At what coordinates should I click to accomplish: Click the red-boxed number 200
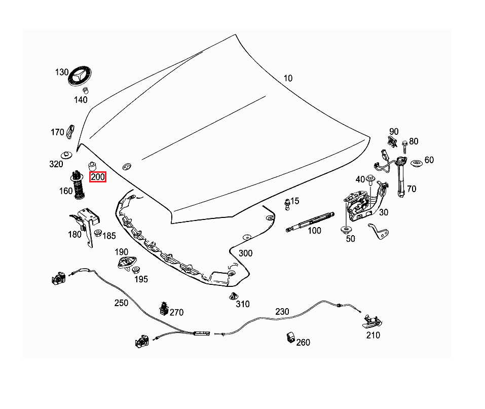97,177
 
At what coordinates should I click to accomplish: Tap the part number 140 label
81,99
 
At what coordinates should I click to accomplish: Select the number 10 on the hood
288,78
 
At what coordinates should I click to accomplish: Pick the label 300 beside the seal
245,253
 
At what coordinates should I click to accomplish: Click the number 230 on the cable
282,311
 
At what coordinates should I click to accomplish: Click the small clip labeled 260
290,337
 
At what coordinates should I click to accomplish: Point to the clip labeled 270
163,308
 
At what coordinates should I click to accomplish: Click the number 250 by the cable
121,303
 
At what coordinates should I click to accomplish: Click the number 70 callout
412,189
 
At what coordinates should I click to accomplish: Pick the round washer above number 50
347,230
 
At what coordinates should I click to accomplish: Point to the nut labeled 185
98,234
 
